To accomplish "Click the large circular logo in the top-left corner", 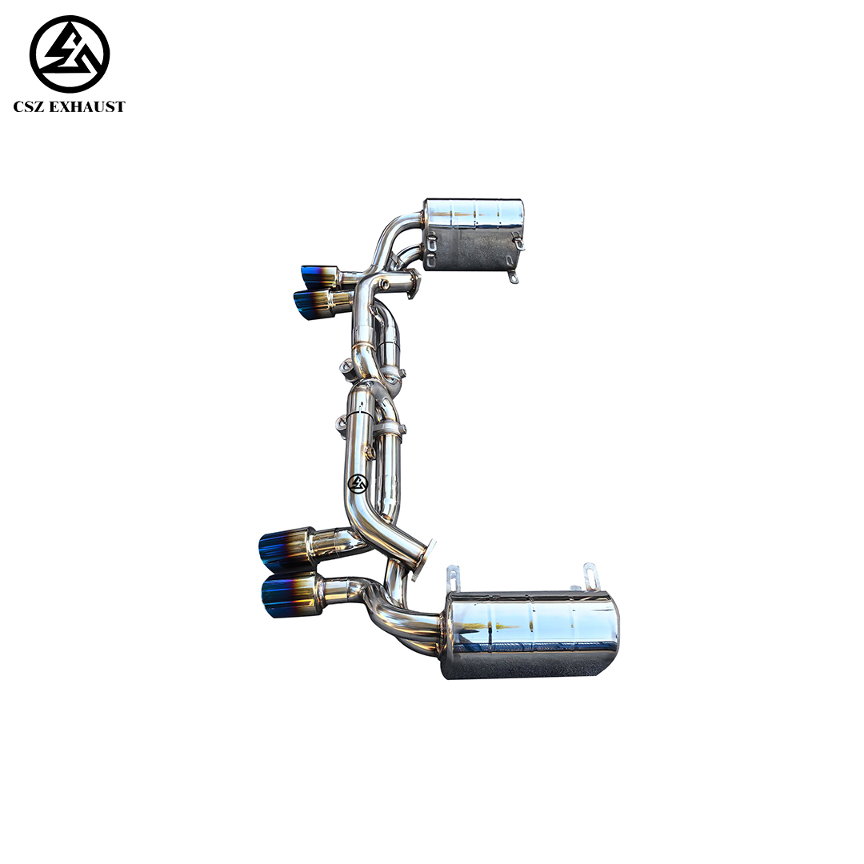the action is [70, 54].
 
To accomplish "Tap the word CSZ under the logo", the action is [30, 107].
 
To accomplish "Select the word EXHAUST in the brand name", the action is [88, 107].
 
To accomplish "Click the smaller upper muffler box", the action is [474, 234].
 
